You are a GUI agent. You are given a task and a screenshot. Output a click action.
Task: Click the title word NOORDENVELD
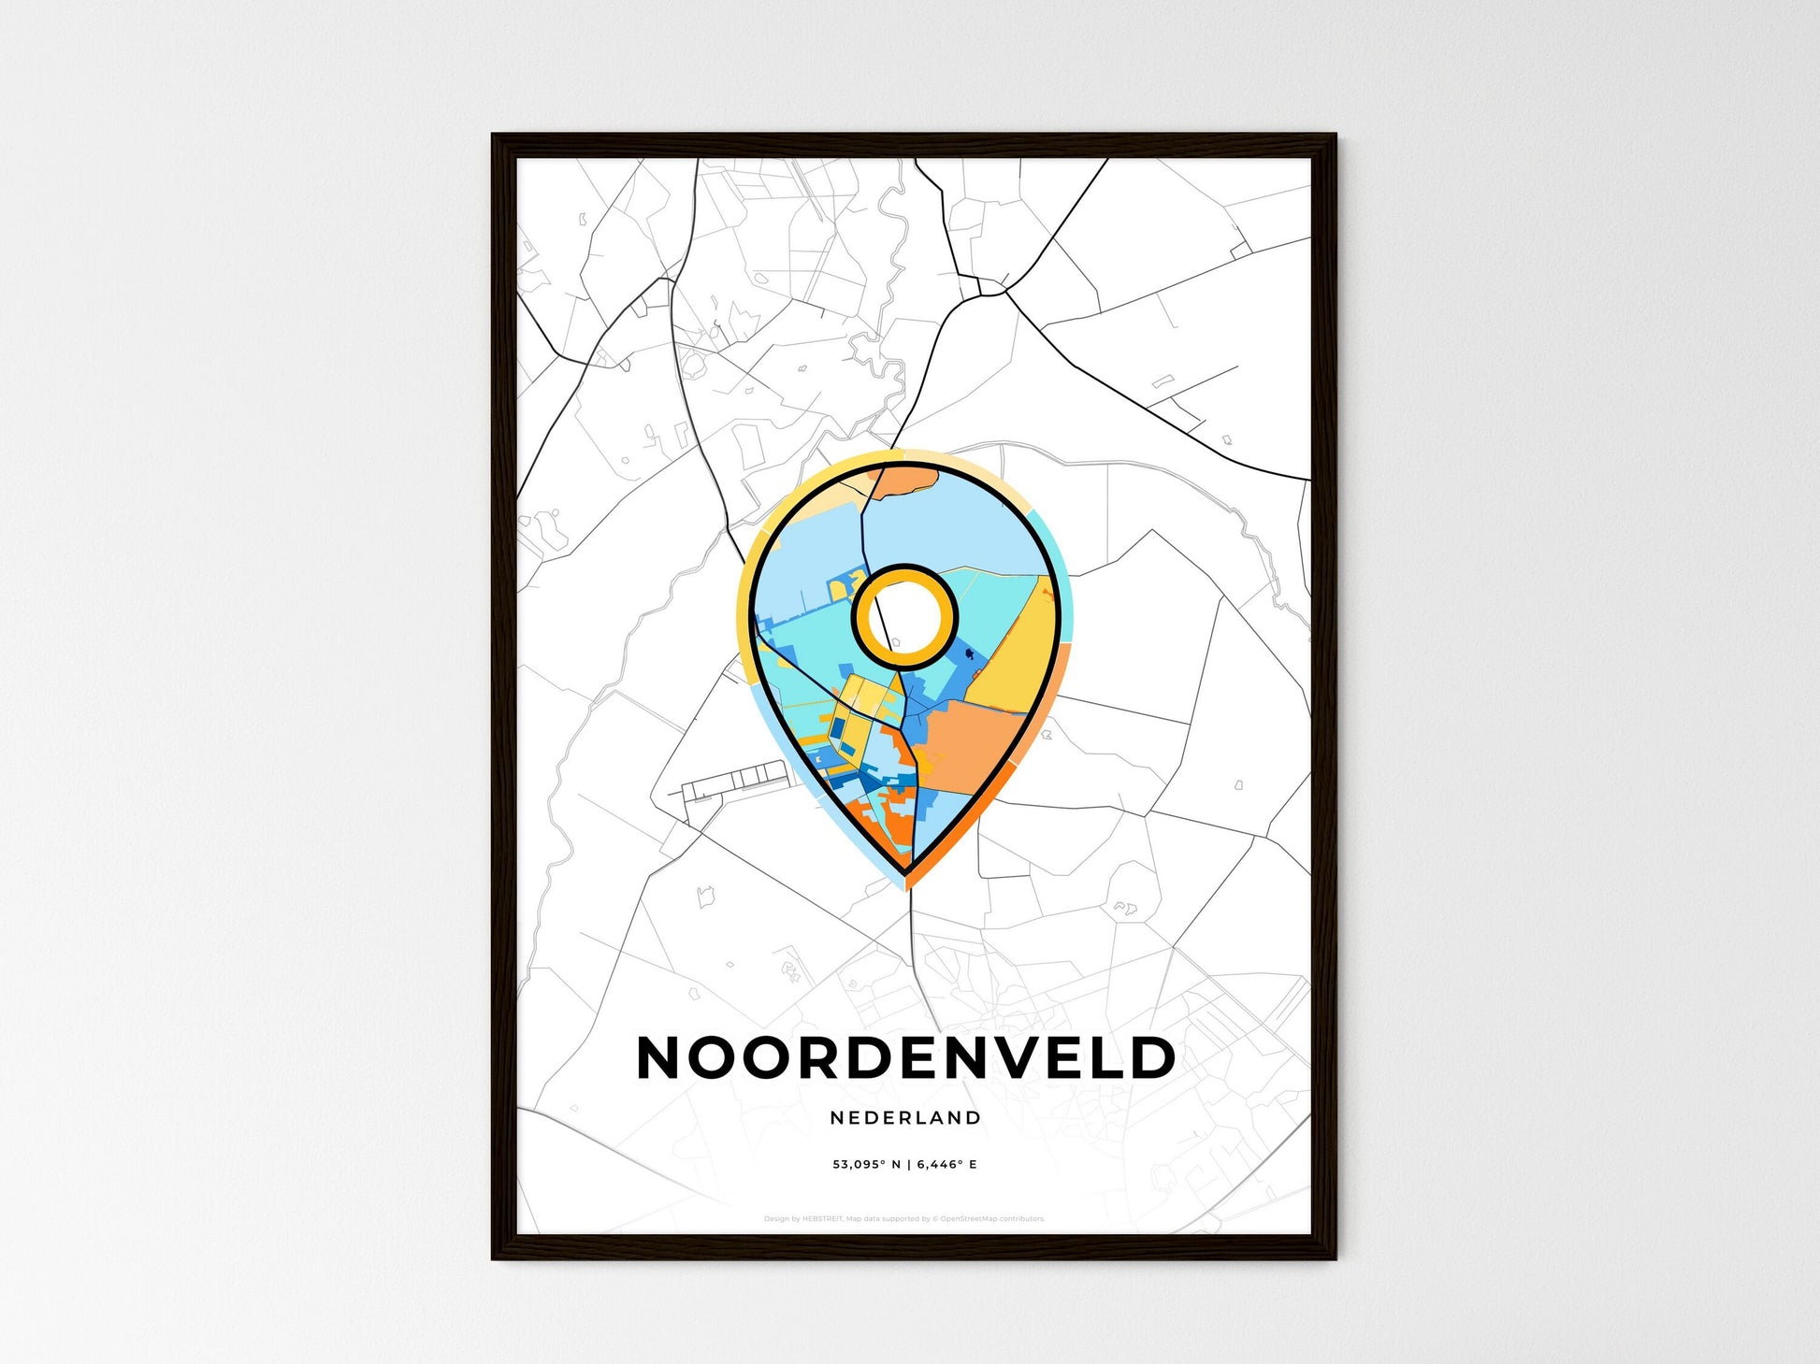tap(905, 1057)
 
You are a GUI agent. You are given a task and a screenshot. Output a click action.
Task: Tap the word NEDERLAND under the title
tap(905, 1117)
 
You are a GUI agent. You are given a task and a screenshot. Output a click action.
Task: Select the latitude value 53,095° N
tap(867, 1165)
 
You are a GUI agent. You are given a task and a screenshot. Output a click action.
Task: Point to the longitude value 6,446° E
tap(946, 1165)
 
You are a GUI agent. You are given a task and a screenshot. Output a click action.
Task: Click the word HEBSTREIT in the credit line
tap(823, 1219)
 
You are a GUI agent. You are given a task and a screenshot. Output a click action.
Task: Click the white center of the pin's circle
tap(903, 616)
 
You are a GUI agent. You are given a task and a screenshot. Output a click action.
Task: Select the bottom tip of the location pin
tap(906, 877)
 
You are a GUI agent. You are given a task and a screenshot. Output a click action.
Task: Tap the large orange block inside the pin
tap(973, 748)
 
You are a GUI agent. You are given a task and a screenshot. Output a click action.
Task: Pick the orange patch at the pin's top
tap(905, 481)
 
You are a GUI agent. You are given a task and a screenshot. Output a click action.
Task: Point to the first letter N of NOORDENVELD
tap(660, 1057)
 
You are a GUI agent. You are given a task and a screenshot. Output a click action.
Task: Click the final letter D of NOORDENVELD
tap(1151, 1057)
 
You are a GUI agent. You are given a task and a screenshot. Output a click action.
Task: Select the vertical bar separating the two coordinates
tap(909, 1165)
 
